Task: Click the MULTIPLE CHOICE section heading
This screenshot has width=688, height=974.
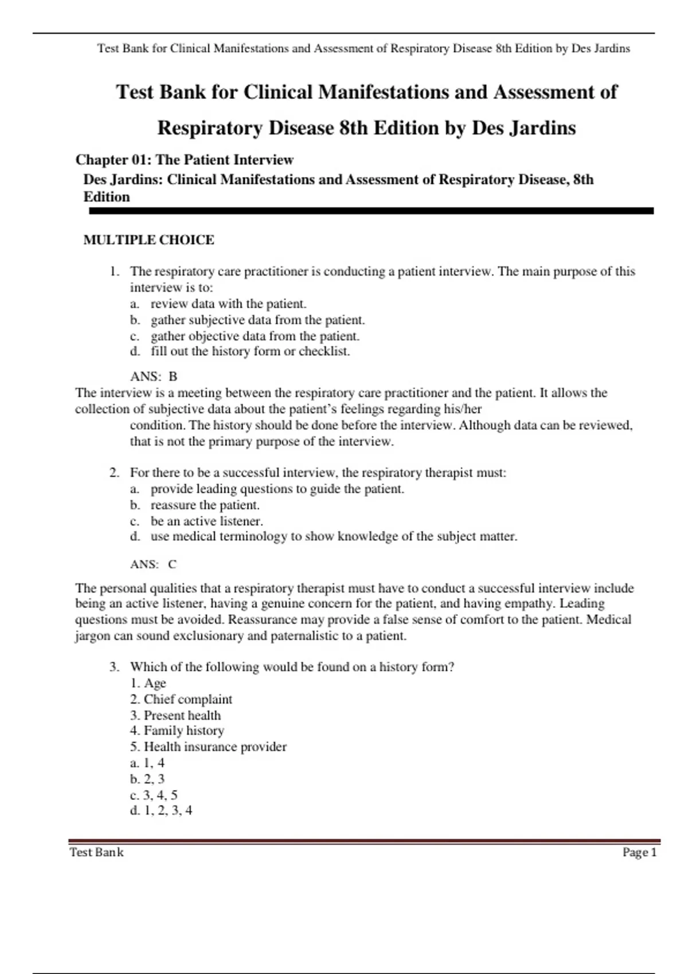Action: point(148,240)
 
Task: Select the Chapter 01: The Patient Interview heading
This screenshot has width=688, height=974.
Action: point(184,160)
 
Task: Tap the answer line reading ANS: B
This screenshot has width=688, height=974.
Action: point(154,376)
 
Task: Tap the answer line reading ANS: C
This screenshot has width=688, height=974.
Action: point(153,564)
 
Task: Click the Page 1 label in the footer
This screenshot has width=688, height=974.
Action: point(639,853)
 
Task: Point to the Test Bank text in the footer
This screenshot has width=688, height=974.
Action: point(96,853)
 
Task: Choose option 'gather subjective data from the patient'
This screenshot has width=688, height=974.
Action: point(257,320)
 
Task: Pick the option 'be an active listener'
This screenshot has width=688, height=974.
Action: point(206,521)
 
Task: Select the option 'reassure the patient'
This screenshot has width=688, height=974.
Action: point(205,505)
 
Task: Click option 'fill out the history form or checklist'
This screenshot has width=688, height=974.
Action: point(250,351)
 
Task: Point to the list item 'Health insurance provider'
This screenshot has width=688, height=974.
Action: point(214,747)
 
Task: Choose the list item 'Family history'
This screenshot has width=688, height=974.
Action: point(183,731)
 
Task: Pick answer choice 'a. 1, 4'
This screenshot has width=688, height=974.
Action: point(147,763)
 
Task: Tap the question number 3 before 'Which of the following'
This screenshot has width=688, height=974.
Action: point(114,667)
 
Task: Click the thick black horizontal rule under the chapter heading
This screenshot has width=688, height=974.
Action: point(371,211)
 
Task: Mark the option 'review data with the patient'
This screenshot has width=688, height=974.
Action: point(228,304)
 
